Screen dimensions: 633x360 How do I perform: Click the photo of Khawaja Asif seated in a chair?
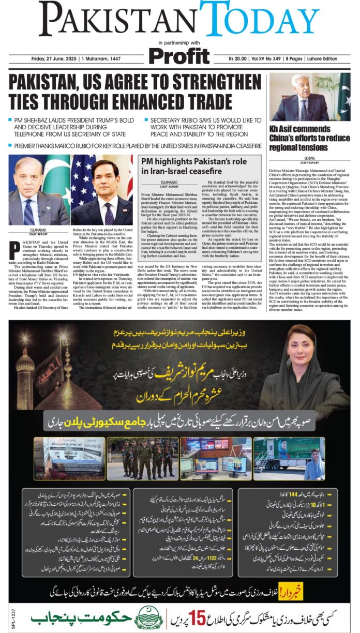pos(309,97)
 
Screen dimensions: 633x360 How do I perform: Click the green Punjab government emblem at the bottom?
pos(148,617)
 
